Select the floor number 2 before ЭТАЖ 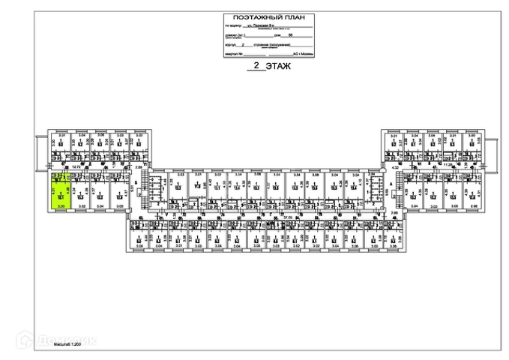point(257,66)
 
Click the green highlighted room point(61,191)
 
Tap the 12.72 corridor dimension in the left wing point(76,167)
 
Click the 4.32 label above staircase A point(395,169)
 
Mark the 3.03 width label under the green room point(61,205)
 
